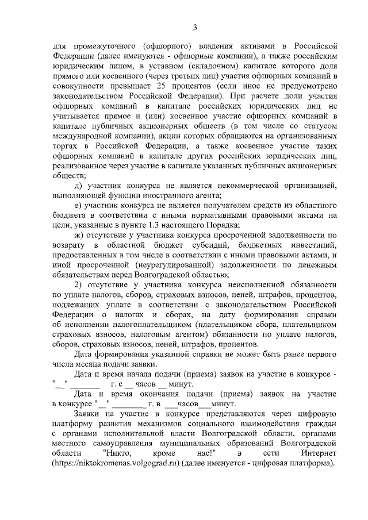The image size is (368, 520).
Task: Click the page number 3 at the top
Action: [194, 27]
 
